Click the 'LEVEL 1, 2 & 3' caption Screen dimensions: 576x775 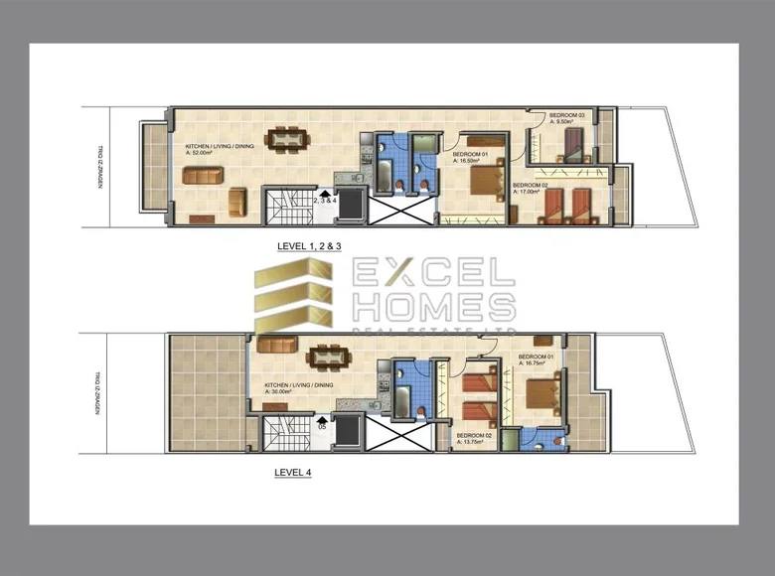pyautogui.click(x=309, y=243)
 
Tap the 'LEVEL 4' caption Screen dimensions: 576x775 pyautogui.click(x=292, y=473)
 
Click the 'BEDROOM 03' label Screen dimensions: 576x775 pyautogui.click(x=567, y=116)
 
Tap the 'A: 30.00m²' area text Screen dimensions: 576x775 pyautogui.click(x=282, y=391)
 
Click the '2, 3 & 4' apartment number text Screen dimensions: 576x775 pyautogui.click(x=325, y=201)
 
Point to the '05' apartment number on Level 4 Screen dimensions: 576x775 pyautogui.click(x=321, y=426)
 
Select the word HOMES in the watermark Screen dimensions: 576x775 pyautogui.click(x=432, y=306)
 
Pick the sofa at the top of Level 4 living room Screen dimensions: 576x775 pyautogui.click(x=276, y=346)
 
